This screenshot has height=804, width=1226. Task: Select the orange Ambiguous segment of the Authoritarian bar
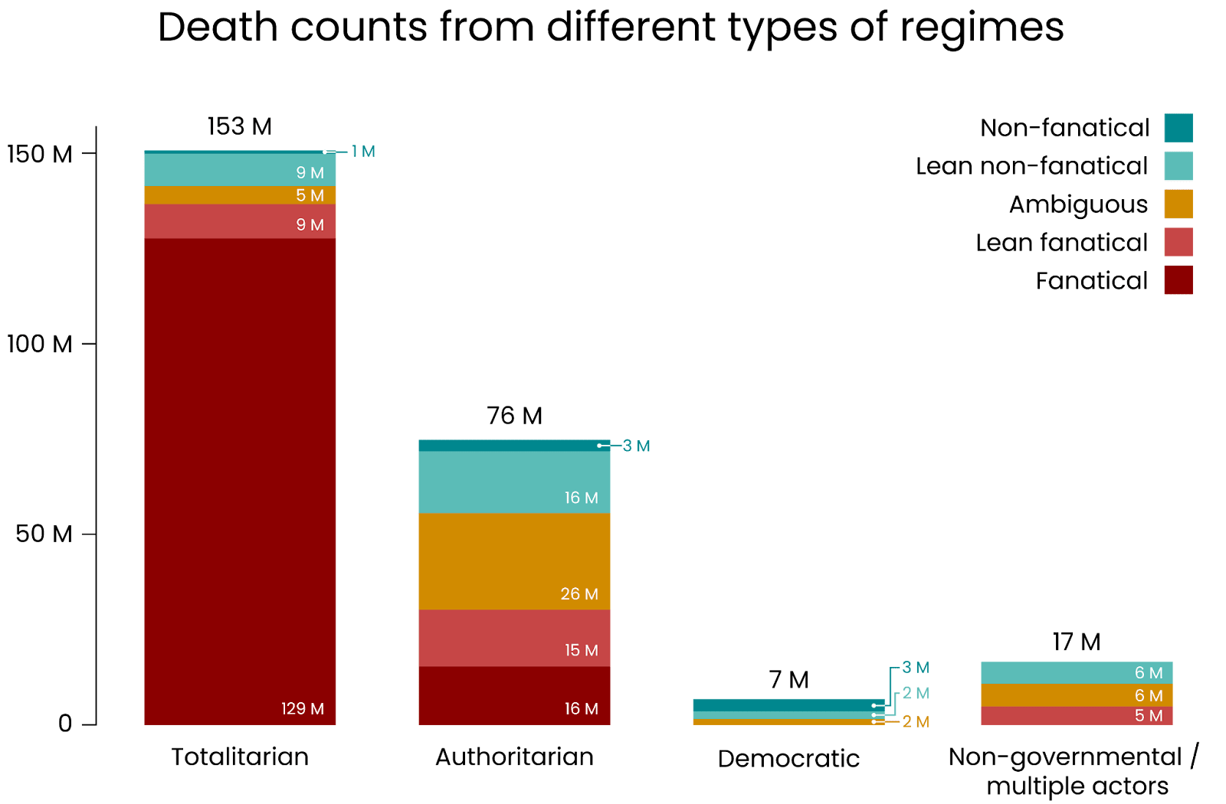[x=514, y=561]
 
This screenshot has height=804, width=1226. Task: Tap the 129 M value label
[x=303, y=709]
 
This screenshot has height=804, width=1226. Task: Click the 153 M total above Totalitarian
[x=240, y=126]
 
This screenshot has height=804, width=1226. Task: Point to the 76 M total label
[x=514, y=416]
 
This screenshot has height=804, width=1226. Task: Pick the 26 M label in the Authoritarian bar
[x=579, y=594]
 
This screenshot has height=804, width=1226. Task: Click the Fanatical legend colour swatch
[x=1178, y=280]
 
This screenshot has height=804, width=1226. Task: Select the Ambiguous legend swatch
[x=1178, y=204]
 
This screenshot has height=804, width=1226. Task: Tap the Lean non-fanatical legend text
[x=1031, y=166]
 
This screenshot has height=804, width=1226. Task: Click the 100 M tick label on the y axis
[x=40, y=344]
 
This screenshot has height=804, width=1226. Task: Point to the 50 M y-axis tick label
[x=44, y=534]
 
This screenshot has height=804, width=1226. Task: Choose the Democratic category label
[x=788, y=758]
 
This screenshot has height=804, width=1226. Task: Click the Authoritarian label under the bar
[x=514, y=757]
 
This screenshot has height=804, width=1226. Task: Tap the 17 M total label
[x=1077, y=642]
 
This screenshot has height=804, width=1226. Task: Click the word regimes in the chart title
[x=982, y=28]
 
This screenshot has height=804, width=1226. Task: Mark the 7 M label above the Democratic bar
[x=788, y=680]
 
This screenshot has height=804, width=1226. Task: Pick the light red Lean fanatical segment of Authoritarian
[x=514, y=638]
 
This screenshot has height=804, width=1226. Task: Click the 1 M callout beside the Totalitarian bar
[x=363, y=152]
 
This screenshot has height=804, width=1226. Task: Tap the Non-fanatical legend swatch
[x=1178, y=128]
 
